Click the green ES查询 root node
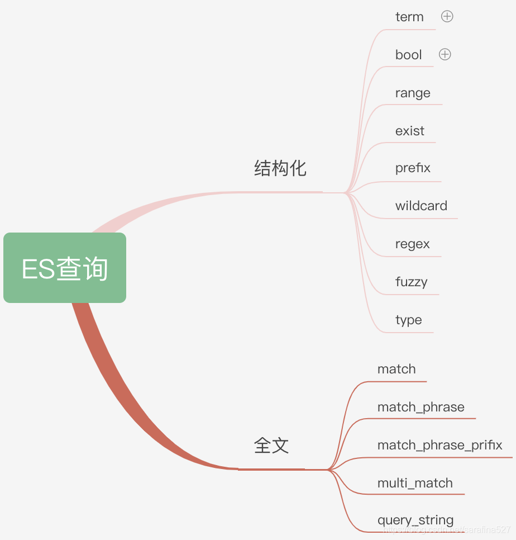pyautogui.click(x=65, y=268)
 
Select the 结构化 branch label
pyautogui.click(x=280, y=168)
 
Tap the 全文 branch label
pyautogui.click(x=271, y=446)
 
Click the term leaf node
pyautogui.click(x=409, y=17)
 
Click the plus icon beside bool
pyautogui.click(x=445, y=54)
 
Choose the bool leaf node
pyautogui.click(x=408, y=55)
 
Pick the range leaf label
pyautogui.click(x=413, y=93)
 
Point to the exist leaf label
pyautogui.click(x=410, y=131)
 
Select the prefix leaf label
pyautogui.click(x=413, y=168)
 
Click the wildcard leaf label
pyautogui.click(x=421, y=206)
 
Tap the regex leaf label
pyautogui.click(x=413, y=244)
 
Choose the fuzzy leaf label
pyautogui.click(x=411, y=282)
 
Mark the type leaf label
pyautogui.click(x=408, y=320)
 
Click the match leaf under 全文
pyautogui.click(x=396, y=369)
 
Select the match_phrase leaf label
pyautogui.click(x=421, y=407)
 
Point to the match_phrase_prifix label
pyautogui.click(x=439, y=445)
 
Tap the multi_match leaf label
pyautogui.click(x=415, y=483)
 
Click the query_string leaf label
pyautogui.click(x=415, y=520)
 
